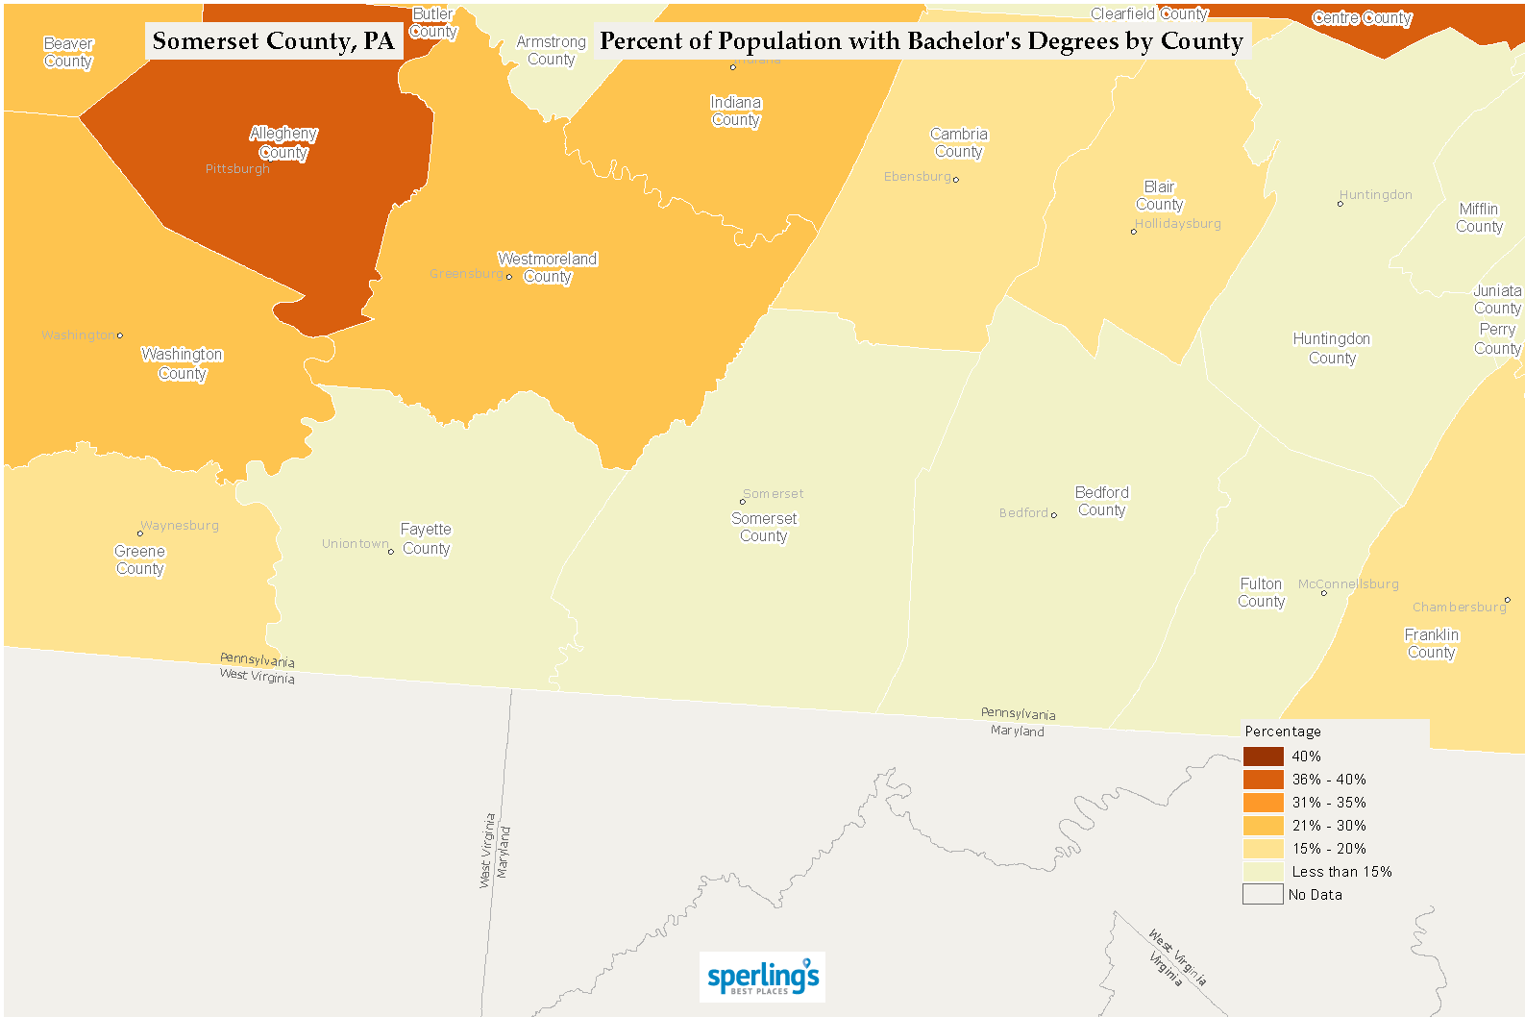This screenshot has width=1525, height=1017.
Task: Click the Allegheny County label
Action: click(283, 143)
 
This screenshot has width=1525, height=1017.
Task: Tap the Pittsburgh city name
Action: click(237, 169)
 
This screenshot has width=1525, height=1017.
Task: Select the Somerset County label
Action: click(764, 528)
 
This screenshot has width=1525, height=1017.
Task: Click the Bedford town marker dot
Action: click(1054, 515)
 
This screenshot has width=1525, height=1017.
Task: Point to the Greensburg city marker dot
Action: click(509, 277)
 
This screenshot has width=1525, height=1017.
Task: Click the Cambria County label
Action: click(958, 143)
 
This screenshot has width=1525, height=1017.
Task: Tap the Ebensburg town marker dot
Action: click(955, 179)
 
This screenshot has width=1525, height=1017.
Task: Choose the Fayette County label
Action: click(426, 539)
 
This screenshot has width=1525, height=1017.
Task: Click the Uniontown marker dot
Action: click(391, 552)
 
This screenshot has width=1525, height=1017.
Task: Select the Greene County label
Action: click(140, 560)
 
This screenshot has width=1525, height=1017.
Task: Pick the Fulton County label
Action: click(1261, 593)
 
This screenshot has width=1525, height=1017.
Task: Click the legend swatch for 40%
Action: click(1263, 757)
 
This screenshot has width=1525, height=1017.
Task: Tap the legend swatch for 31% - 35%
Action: click(1263, 803)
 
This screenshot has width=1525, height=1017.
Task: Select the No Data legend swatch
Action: click(1263, 895)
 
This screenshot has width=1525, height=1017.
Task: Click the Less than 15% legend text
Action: click(1341, 872)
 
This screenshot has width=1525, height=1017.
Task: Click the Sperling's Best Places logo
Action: click(763, 978)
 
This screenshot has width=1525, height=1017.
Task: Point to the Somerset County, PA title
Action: click(274, 41)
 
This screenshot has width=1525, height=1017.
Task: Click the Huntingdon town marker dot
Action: click(1341, 204)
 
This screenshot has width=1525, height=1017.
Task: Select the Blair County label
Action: click(1160, 196)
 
